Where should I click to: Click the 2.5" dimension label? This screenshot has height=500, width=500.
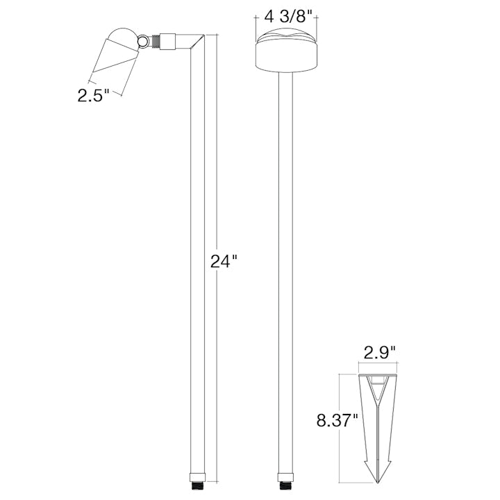click(94, 95)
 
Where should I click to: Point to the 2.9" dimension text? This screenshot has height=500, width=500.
click(379, 352)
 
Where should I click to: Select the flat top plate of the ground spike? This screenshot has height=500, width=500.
click(379, 376)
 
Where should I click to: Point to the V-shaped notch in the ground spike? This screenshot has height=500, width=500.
click(379, 393)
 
